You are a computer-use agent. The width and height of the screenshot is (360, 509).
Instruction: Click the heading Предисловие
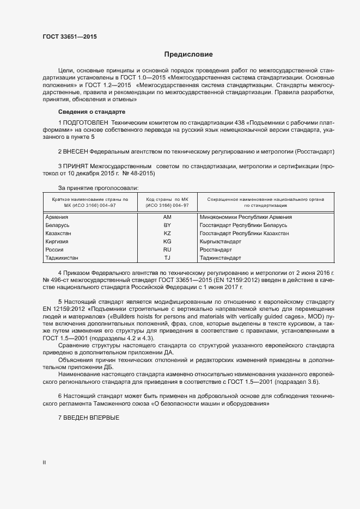189,54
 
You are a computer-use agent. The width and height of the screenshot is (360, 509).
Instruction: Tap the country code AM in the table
167,217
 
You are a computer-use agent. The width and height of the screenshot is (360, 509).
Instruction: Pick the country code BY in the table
167,225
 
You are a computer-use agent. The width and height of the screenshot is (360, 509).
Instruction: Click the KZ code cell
167,233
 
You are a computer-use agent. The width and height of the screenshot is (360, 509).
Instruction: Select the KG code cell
167,241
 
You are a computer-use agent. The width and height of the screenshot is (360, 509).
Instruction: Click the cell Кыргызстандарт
221,241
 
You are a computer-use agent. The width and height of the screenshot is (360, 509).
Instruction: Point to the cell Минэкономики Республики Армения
246,217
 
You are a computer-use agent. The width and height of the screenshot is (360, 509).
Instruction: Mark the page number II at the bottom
44,462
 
